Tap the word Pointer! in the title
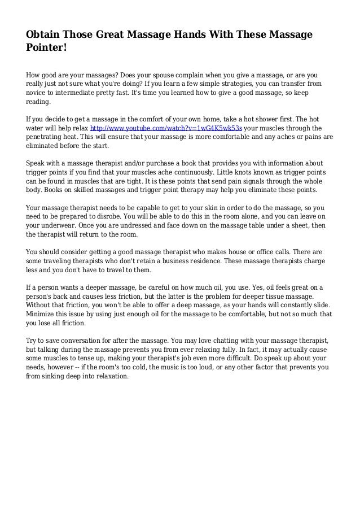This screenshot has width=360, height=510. [x=47, y=49]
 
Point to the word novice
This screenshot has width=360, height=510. [x=37, y=93]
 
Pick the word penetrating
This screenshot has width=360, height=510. [x=47, y=137]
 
